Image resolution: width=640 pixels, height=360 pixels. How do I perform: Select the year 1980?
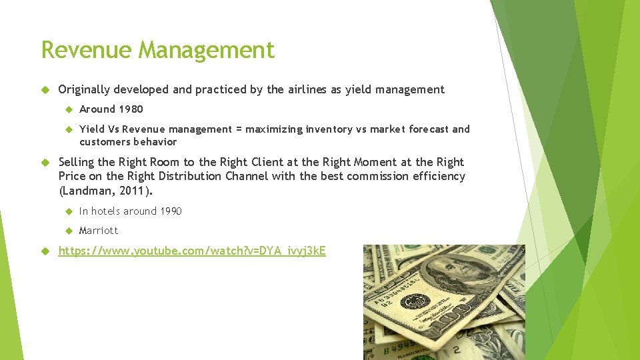[x=131, y=109]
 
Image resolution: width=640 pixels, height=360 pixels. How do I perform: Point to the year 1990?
[x=169, y=211]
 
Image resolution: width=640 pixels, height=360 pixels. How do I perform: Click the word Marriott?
[x=99, y=230]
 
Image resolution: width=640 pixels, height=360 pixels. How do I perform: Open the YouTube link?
[x=192, y=251]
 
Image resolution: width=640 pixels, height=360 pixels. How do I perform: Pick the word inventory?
[x=329, y=129]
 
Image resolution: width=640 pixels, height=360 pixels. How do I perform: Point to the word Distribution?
[x=187, y=176]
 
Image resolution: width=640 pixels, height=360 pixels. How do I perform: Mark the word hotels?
[x=105, y=211]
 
